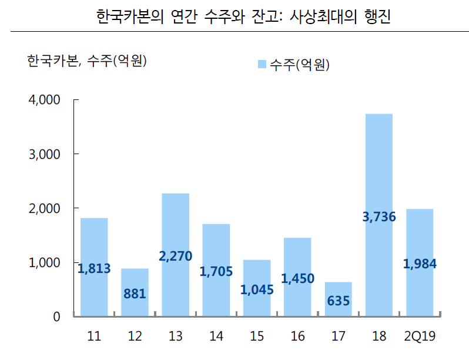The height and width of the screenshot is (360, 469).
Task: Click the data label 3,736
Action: coord(378,217)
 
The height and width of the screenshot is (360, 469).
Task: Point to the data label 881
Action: coord(135,293)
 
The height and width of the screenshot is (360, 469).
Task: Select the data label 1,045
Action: coord(257,289)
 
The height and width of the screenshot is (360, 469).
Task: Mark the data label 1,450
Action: coord(297,279)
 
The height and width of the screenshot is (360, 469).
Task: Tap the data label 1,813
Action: coord(94,269)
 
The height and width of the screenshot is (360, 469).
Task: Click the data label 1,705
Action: coord(216,271)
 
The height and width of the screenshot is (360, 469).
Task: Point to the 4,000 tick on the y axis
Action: coord(45,100)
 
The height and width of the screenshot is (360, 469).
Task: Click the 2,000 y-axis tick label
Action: coord(45,208)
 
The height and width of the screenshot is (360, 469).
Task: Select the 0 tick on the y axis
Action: coord(56,316)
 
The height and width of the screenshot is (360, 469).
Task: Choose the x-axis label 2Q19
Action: coord(420,336)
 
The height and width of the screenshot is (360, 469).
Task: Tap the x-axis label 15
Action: coord(257,336)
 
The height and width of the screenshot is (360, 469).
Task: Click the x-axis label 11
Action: coord(94,336)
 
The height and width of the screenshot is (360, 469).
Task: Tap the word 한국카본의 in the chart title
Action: coord(129,17)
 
